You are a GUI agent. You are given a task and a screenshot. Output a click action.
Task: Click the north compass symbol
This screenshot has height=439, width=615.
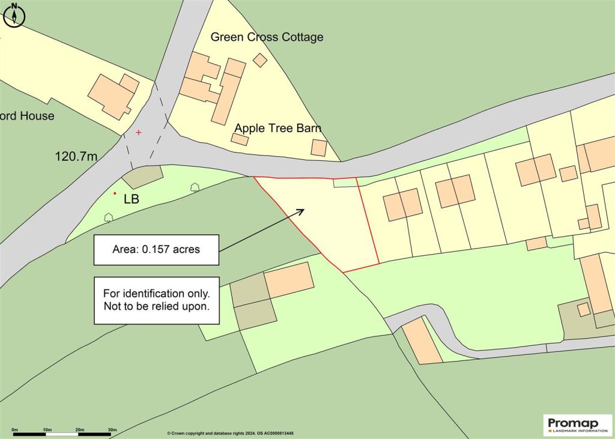(x=14, y=15)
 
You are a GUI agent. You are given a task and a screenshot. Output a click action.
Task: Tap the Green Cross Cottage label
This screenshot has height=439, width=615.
(x=267, y=37)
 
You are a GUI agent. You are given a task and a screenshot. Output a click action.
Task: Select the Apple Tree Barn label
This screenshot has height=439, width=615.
(x=277, y=128)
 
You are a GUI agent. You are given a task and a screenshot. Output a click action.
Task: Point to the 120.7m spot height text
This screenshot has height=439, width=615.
(x=76, y=157)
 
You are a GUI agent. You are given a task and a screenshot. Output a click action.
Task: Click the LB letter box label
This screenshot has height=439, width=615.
(x=131, y=199)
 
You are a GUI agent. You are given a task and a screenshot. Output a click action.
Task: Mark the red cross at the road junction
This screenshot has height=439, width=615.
(x=139, y=132)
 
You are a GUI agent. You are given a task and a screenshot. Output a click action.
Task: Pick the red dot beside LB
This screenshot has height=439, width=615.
(x=115, y=193)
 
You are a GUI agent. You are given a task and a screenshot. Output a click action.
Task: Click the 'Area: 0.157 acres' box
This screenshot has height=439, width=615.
(x=156, y=250)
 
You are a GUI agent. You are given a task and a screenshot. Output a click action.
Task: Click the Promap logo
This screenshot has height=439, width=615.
(x=578, y=424)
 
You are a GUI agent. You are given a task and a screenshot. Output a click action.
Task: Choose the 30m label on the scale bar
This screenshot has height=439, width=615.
(x=112, y=429)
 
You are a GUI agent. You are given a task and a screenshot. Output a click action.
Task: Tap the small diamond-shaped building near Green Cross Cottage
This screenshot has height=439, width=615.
(x=260, y=59)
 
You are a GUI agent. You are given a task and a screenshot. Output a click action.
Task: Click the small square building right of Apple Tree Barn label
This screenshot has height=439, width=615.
(x=319, y=147)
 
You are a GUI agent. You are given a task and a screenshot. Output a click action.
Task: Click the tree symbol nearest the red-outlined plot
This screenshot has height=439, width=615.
(x=195, y=187)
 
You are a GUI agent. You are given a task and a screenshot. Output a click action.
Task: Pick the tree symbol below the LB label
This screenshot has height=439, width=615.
(x=108, y=217)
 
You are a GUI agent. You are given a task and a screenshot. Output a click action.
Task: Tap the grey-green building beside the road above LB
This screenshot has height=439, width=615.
(x=142, y=176)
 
